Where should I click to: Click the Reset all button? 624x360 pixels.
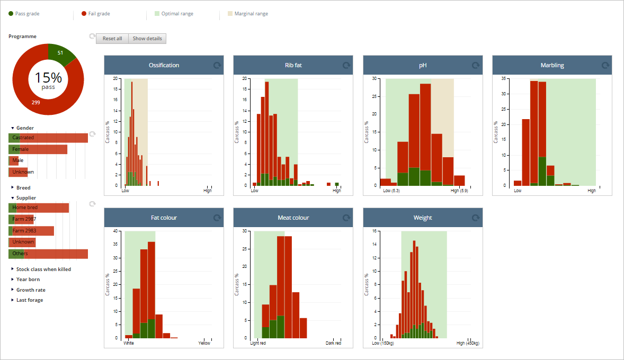[112, 39]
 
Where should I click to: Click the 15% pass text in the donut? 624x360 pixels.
[48, 80]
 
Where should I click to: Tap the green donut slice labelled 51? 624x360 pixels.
[60, 53]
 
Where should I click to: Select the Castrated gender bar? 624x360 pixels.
[48, 138]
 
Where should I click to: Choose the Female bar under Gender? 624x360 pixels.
[38, 149]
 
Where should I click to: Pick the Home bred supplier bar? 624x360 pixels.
[39, 208]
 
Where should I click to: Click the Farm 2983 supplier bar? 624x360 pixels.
[31, 231]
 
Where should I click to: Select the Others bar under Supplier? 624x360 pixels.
[48, 254]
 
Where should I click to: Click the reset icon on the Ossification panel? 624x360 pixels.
[217, 65]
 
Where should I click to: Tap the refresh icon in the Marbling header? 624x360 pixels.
[605, 65]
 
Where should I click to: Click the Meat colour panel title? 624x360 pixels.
[293, 218]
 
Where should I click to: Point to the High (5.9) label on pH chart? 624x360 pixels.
[459, 191]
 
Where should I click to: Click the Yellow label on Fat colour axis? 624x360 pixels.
[204, 343]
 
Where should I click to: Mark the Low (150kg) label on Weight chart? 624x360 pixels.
[383, 343]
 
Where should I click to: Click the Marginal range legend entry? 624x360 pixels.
[247, 14]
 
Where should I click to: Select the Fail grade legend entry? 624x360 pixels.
[95, 14]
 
